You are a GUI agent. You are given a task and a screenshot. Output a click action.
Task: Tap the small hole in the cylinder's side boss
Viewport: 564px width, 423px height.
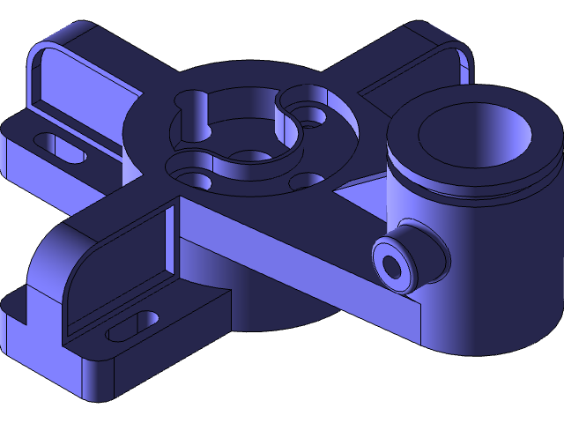click(390, 263)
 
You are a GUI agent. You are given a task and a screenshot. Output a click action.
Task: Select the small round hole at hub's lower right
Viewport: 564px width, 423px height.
click(305, 181)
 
